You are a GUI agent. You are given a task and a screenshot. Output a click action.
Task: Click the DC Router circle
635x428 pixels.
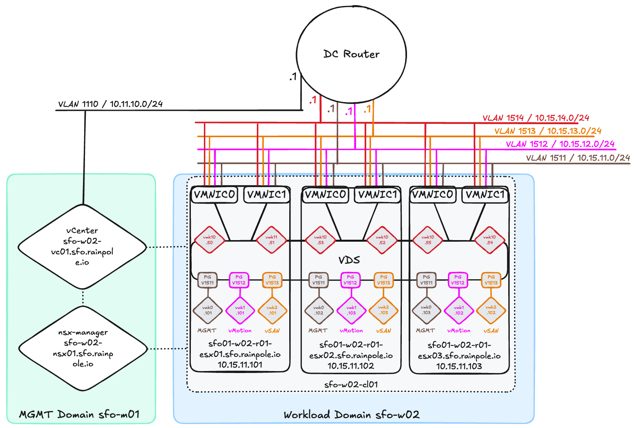tap(351, 54)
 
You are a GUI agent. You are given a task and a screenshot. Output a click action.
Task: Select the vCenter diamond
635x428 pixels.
tap(82, 246)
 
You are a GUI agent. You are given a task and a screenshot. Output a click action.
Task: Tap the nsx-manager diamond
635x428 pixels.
tap(83, 348)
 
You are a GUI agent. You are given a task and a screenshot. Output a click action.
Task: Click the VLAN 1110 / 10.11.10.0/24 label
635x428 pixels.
tap(110, 104)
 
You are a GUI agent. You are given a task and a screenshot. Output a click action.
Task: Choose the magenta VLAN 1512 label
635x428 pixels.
tap(560, 144)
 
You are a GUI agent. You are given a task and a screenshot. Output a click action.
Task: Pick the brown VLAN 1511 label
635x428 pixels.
tap(578, 158)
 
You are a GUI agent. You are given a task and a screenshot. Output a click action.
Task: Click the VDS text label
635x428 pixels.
tap(349, 260)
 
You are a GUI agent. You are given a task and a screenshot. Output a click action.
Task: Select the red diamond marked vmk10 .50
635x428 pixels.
tap(209, 240)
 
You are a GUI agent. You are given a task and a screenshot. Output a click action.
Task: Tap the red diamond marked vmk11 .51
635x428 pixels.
tap(271, 240)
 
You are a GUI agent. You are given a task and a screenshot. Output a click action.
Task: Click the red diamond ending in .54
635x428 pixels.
tap(490, 240)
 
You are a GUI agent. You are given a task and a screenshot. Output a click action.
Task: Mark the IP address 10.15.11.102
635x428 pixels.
tap(350, 366)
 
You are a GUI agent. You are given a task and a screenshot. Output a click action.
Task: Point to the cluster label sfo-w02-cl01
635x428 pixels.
tap(351, 384)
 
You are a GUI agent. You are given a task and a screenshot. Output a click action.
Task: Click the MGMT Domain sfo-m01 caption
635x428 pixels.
tap(79, 415)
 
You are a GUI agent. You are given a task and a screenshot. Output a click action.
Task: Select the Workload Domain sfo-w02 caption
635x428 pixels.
tap(351, 415)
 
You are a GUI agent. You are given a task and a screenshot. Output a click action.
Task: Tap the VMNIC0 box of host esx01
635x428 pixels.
tap(214, 195)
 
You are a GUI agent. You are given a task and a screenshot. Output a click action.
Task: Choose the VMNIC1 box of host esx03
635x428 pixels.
tap(485, 195)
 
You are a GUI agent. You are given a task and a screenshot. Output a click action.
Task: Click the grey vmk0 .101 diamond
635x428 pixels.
tap(208, 311)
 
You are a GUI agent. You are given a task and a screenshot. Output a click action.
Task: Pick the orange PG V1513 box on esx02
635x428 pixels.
tap(383, 280)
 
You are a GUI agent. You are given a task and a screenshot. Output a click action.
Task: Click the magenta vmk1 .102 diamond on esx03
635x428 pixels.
tap(459, 311)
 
